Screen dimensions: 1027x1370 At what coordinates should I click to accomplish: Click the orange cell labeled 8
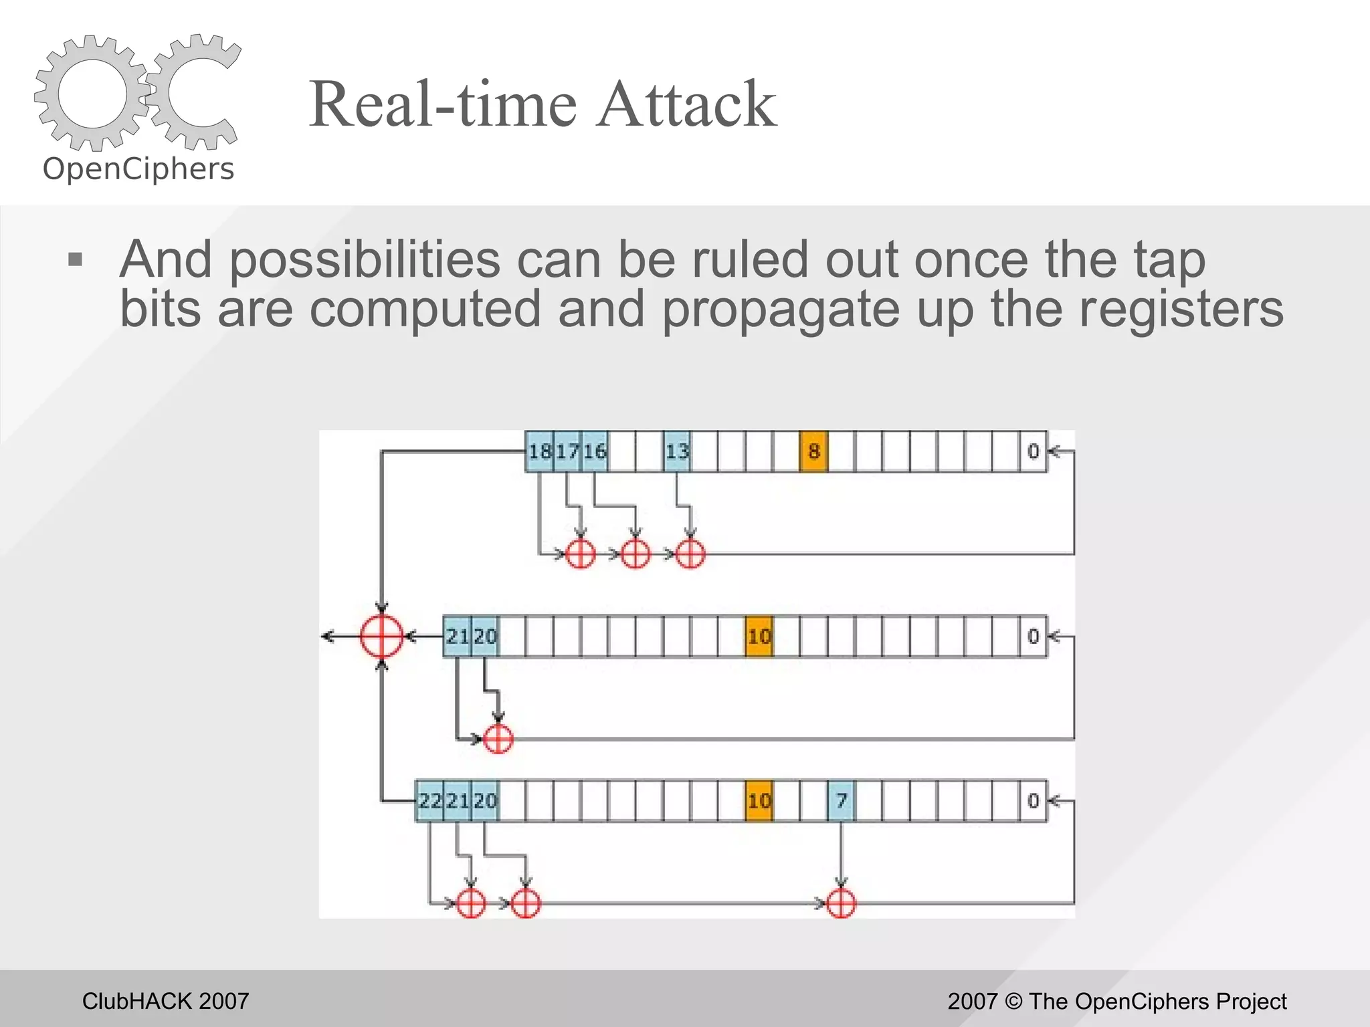point(813,451)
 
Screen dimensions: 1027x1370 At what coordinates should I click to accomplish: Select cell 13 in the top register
point(676,451)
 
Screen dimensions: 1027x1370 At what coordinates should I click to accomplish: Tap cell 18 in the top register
point(539,451)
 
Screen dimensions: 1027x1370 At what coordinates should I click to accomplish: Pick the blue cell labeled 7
point(841,800)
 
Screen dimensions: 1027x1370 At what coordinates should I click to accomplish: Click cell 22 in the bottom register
point(429,800)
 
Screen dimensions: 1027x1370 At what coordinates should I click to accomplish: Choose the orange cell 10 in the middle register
point(759,636)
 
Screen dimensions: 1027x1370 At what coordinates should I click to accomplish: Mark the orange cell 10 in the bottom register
point(759,800)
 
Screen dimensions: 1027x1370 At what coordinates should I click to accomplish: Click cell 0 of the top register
point(1033,451)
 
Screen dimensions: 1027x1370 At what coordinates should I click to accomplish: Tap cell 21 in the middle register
point(457,636)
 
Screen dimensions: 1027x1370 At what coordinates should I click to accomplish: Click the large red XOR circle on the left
point(381,636)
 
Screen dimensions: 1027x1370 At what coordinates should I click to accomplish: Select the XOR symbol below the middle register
point(498,739)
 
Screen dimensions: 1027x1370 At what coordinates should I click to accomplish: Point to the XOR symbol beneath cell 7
point(841,903)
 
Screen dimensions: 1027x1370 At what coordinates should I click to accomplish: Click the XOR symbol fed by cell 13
point(690,554)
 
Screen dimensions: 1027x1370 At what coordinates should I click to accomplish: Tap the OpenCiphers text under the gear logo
point(138,169)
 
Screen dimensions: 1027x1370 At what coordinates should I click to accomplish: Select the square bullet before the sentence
point(76,259)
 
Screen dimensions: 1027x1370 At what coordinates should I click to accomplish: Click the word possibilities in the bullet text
point(365,259)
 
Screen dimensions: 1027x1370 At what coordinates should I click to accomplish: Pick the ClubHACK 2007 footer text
point(165,1001)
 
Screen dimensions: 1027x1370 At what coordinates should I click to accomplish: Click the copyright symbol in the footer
point(1014,1001)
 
